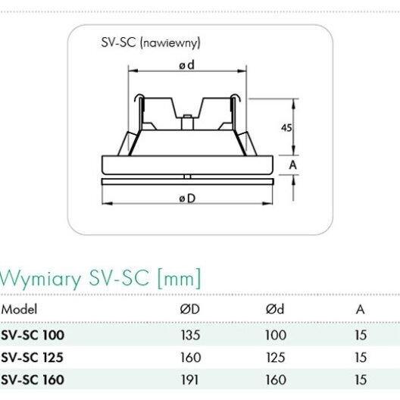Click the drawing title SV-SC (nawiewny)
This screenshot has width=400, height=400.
(x=151, y=43)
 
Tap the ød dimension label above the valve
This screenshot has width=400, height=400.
(x=186, y=65)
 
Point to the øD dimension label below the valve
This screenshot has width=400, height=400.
(x=187, y=198)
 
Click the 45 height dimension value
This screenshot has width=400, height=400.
(x=286, y=127)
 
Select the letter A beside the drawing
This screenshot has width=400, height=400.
(x=293, y=165)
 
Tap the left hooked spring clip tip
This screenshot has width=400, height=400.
(x=139, y=98)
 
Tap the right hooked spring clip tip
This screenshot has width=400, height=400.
(x=235, y=98)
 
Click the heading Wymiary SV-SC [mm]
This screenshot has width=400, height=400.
(x=101, y=279)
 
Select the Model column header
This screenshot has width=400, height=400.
(x=19, y=309)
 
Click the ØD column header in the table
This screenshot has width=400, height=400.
(x=190, y=309)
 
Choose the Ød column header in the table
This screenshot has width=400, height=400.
(x=275, y=309)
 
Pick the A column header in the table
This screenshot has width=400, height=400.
(x=360, y=309)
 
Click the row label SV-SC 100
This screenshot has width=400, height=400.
(x=33, y=335)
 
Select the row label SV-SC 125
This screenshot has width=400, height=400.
(x=32, y=358)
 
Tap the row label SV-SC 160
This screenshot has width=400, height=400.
(x=33, y=380)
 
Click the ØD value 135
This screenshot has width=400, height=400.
(x=190, y=335)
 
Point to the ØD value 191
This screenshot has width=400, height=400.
(x=190, y=380)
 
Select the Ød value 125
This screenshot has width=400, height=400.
(x=276, y=358)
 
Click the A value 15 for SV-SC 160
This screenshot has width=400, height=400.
(x=361, y=380)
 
